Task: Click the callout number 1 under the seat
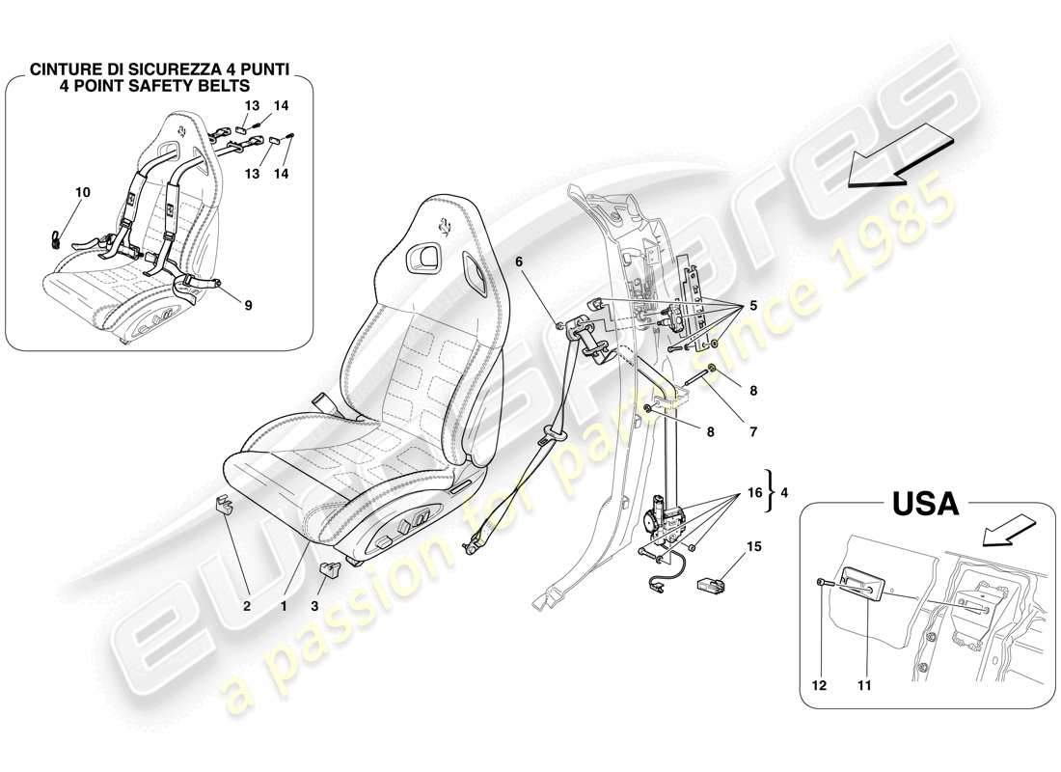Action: (285, 608)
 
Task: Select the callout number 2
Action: (247, 608)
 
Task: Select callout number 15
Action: (752, 548)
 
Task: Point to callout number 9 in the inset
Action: (248, 308)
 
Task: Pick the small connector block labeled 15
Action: (712, 585)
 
